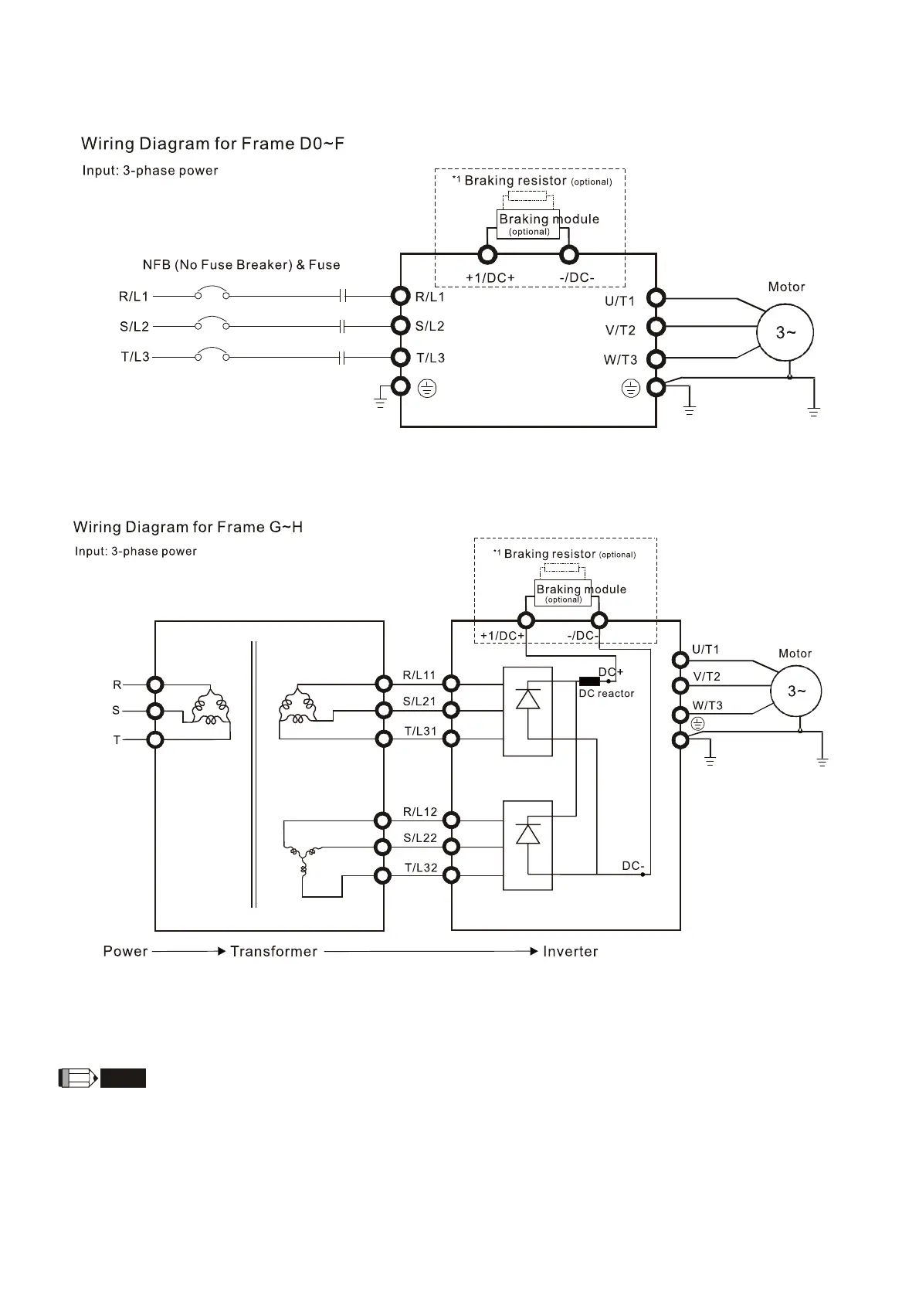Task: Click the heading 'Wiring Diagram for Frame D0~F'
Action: coord(212,144)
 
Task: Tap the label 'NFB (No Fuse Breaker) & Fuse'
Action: coord(241,265)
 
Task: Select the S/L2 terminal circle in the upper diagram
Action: coord(400,325)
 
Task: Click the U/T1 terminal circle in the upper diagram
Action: coord(656,297)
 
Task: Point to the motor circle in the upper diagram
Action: coord(785,332)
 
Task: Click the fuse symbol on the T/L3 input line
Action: coord(344,358)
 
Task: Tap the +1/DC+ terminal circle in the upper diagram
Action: coord(487,254)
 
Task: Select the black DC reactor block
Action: coord(589,681)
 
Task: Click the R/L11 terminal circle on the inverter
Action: coord(451,683)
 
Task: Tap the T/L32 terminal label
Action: coord(421,868)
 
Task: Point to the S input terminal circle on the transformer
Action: coord(155,711)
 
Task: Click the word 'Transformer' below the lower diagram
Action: coord(273,952)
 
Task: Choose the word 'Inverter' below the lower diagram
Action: coord(570,952)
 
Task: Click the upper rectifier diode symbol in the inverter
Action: coord(527,698)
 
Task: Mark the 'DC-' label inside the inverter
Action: coord(633,866)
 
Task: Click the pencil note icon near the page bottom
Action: coord(78,1078)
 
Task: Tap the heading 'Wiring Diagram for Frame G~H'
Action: coord(188,527)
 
